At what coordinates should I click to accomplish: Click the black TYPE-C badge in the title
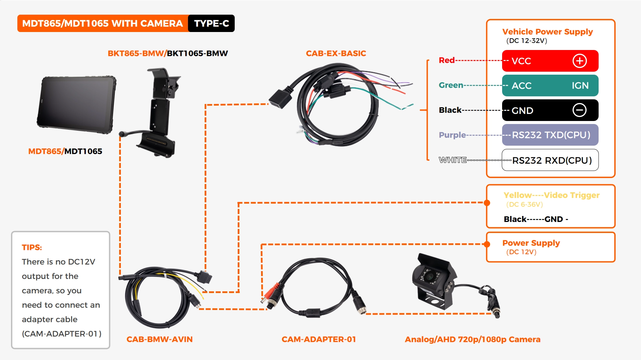(x=211, y=23)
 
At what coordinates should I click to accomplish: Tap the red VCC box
(x=541, y=61)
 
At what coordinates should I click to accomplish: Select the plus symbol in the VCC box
(x=580, y=61)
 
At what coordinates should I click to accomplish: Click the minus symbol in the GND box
(x=579, y=110)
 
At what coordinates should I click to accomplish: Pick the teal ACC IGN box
(x=550, y=86)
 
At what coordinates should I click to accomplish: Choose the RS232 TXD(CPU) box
(x=550, y=135)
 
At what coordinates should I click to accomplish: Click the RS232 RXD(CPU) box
(x=550, y=160)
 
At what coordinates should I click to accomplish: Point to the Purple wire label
(x=452, y=135)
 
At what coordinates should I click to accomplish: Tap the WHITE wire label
(x=452, y=160)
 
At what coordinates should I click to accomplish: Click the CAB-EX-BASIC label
(x=336, y=53)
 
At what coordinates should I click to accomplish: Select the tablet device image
(x=77, y=104)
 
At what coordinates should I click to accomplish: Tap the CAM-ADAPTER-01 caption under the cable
(x=318, y=339)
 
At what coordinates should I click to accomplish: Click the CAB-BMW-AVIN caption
(x=159, y=339)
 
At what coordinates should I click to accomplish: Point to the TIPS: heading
(x=32, y=247)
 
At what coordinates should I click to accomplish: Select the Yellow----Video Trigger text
(x=551, y=195)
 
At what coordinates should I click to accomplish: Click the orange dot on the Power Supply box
(x=487, y=244)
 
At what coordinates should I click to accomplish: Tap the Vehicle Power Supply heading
(x=548, y=32)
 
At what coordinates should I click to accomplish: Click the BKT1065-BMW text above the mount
(x=197, y=53)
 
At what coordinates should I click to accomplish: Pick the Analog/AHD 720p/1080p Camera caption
(x=472, y=339)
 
